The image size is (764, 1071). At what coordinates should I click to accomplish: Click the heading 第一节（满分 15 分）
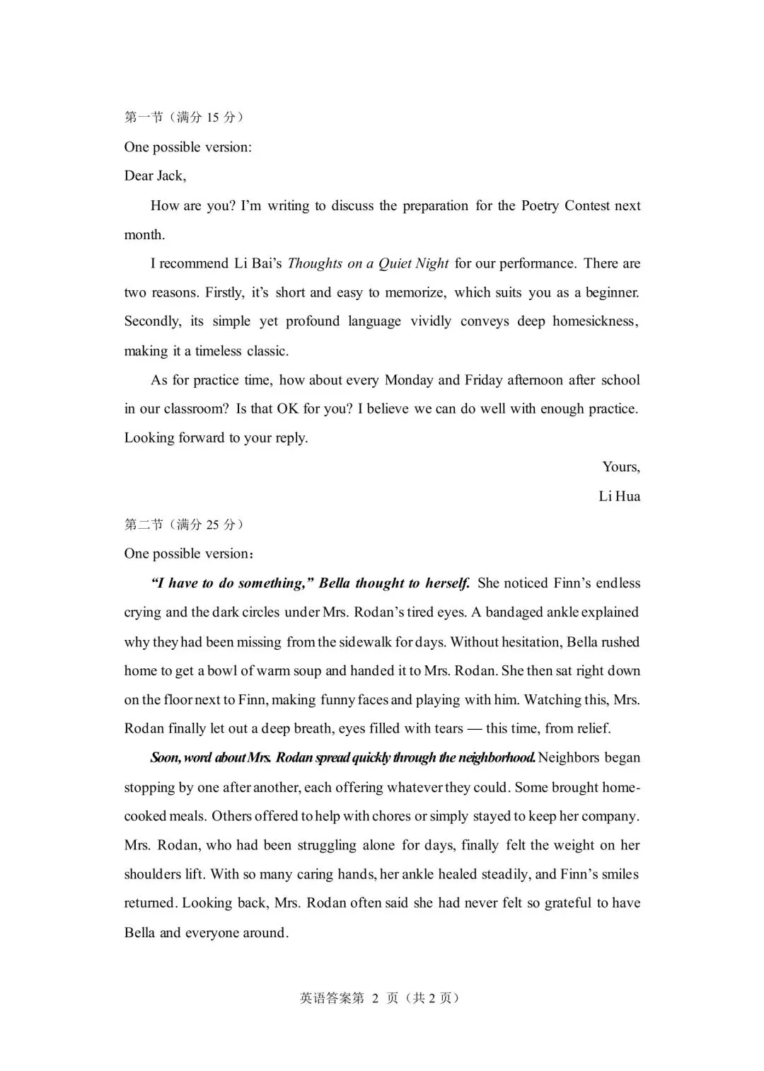tap(184, 118)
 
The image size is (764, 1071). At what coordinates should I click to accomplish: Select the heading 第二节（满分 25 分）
tap(184, 525)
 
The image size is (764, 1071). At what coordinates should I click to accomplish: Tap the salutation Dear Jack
tap(155, 176)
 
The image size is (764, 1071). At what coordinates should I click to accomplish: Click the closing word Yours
tap(620, 466)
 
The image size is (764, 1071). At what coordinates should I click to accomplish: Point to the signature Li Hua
tap(619, 496)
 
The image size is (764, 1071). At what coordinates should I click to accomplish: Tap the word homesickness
tap(594, 321)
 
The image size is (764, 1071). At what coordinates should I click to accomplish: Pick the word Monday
tap(408, 380)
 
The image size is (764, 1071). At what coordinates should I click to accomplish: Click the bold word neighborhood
tap(497, 757)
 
